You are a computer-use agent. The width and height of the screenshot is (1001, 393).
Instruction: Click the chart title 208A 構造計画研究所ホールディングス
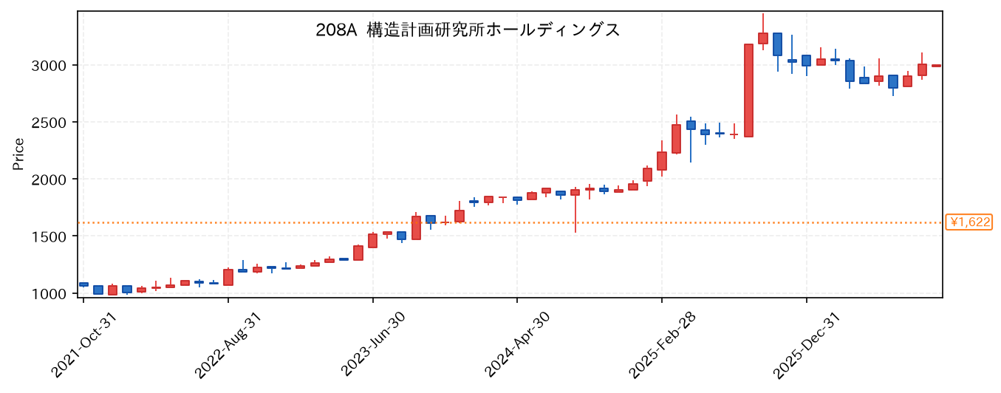point(468,30)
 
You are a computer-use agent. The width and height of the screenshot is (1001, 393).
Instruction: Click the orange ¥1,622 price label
point(968,222)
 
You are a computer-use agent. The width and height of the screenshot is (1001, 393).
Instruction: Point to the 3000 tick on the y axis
point(49,66)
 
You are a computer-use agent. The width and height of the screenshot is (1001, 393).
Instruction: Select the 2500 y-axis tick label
point(49,123)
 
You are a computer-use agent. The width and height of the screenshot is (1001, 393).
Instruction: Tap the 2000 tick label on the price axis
point(49,180)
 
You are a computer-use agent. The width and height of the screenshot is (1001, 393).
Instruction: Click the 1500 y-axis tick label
point(49,236)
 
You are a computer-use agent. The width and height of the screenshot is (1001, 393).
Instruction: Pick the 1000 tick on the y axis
point(49,294)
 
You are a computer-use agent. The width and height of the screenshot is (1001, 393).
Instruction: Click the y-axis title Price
point(18,154)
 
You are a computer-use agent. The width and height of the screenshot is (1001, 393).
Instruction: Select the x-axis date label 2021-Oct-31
point(83,345)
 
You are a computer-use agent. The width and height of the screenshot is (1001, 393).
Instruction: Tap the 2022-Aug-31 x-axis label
point(228,345)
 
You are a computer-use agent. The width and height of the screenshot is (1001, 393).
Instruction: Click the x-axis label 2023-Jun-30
point(372,345)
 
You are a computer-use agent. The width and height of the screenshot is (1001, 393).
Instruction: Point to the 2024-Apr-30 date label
point(517,345)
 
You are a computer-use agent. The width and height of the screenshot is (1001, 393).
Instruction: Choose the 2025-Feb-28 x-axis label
point(662,345)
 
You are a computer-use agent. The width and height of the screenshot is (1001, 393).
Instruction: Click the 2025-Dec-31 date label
point(807,345)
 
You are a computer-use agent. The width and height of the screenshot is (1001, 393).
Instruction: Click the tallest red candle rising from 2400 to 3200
point(748,90)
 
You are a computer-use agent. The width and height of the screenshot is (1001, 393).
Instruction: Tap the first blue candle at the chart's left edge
point(83,284)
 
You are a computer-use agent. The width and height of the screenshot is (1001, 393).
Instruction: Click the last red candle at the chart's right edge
point(936,66)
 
